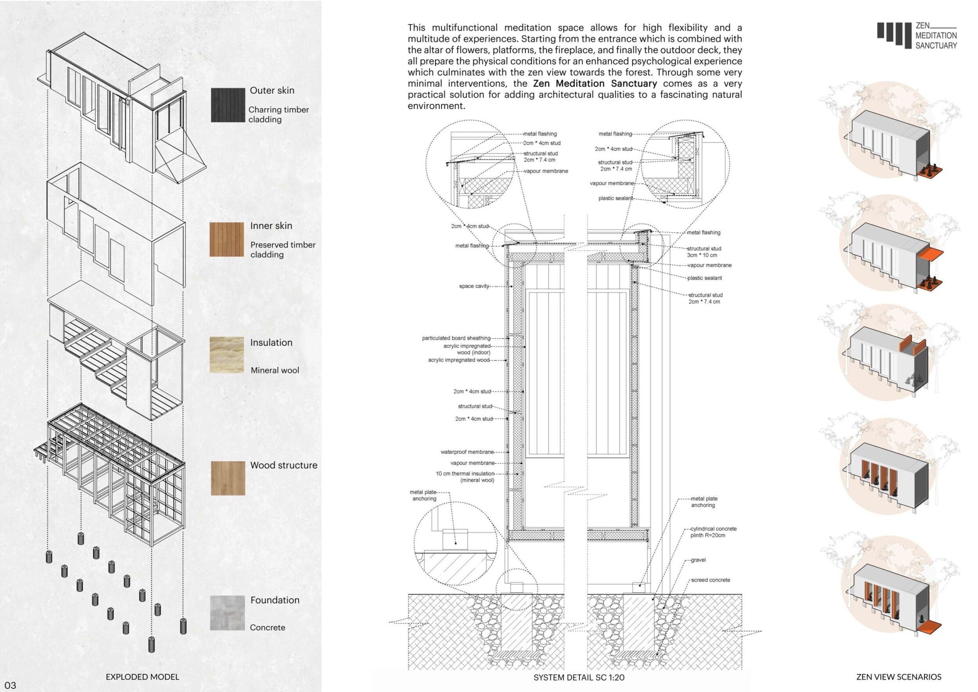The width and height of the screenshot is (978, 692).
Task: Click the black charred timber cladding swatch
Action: tap(228, 105)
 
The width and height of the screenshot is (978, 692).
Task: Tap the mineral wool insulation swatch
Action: tap(227, 355)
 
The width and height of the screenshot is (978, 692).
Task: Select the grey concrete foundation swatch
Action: tap(227, 613)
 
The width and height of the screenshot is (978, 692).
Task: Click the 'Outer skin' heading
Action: tap(272, 90)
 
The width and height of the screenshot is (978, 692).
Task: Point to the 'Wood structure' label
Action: tap(284, 465)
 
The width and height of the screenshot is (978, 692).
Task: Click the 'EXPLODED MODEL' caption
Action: tap(142, 677)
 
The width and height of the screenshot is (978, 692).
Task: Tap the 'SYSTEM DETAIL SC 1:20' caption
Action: tap(579, 678)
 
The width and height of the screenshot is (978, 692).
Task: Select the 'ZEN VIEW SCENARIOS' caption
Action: tap(899, 677)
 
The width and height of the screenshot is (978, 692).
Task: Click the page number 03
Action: tap(10, 686)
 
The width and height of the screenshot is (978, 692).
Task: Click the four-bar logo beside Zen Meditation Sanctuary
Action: tap(894, 33)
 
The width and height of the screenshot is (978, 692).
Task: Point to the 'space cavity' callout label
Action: tap(474, 286)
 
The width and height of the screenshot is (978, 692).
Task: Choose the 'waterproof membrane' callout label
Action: tap(467, 452)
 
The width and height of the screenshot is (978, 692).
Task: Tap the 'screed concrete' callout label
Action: tap(710, 580)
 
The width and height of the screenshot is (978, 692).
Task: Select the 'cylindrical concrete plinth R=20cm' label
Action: tap(713, 532)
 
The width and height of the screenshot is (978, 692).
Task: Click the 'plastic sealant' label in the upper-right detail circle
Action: tap(615, 198)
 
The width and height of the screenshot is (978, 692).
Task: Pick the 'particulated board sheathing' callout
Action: tap(456, 338)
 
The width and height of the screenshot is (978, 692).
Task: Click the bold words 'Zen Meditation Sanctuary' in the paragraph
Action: tap(595, 83)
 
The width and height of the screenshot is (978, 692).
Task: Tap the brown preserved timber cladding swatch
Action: tap(227, 239)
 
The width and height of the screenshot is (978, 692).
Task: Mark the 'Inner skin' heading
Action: tap(271, 226)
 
